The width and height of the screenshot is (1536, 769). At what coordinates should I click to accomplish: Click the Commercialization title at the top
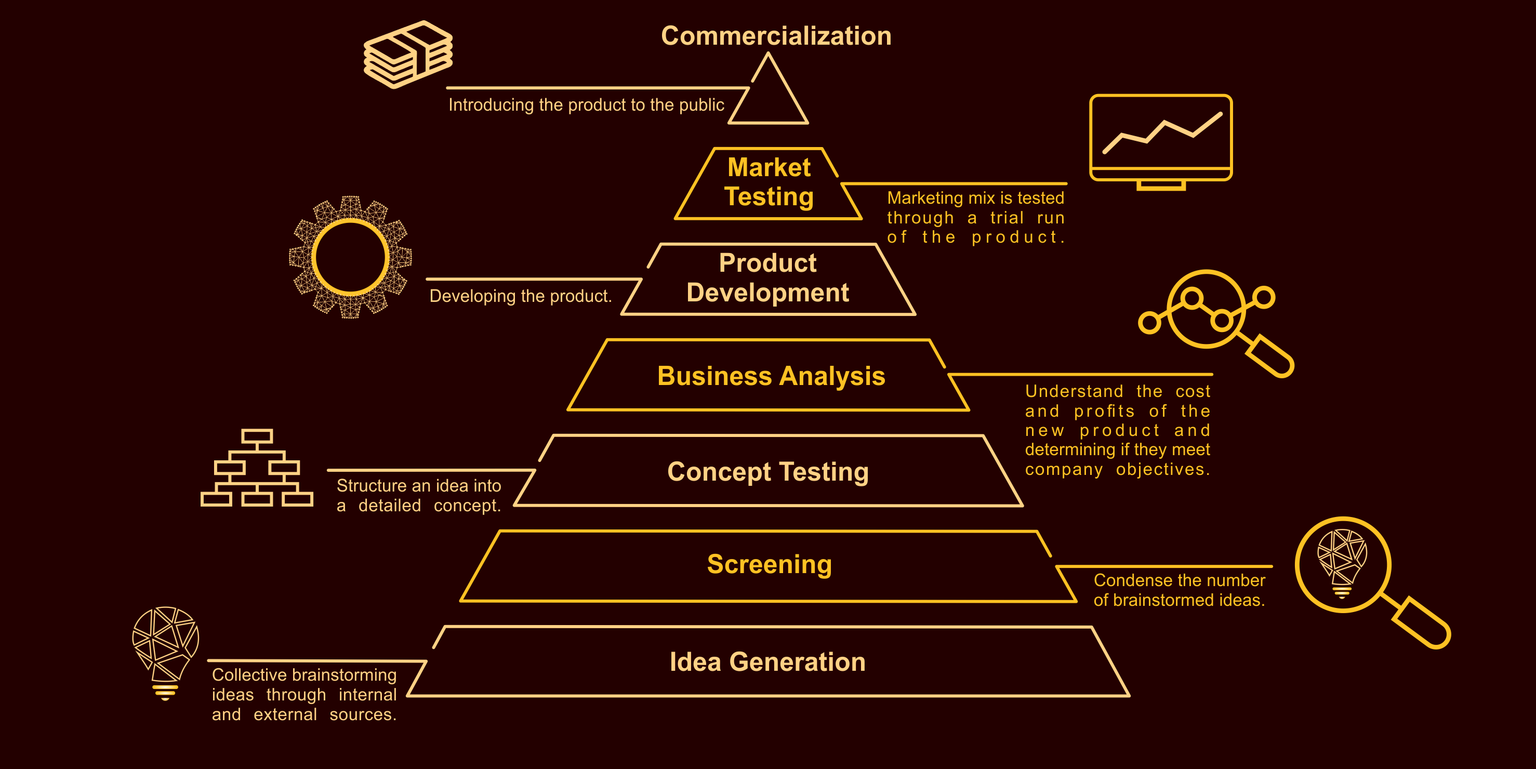tap(776, 36)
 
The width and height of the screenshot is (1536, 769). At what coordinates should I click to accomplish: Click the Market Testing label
tap(769, 182)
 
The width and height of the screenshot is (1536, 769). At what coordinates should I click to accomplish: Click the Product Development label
tap(767, 278)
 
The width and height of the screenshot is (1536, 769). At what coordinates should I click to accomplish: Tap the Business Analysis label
tap(771, 376)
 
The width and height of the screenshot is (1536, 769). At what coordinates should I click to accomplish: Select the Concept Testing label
tap(768, 472)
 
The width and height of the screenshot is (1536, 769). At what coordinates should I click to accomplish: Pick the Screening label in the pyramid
tap(769, 564)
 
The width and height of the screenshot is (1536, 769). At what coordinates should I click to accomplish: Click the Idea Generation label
tap(767, 661)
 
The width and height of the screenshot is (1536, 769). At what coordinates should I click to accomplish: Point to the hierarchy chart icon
tap(257, 469)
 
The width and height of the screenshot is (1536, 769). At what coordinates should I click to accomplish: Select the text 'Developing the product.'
tap(521, 296)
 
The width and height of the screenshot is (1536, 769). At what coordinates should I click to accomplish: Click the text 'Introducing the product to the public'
tap(586, 105)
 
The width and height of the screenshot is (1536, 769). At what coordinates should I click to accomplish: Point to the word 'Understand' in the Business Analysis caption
tap(1074, 392)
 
